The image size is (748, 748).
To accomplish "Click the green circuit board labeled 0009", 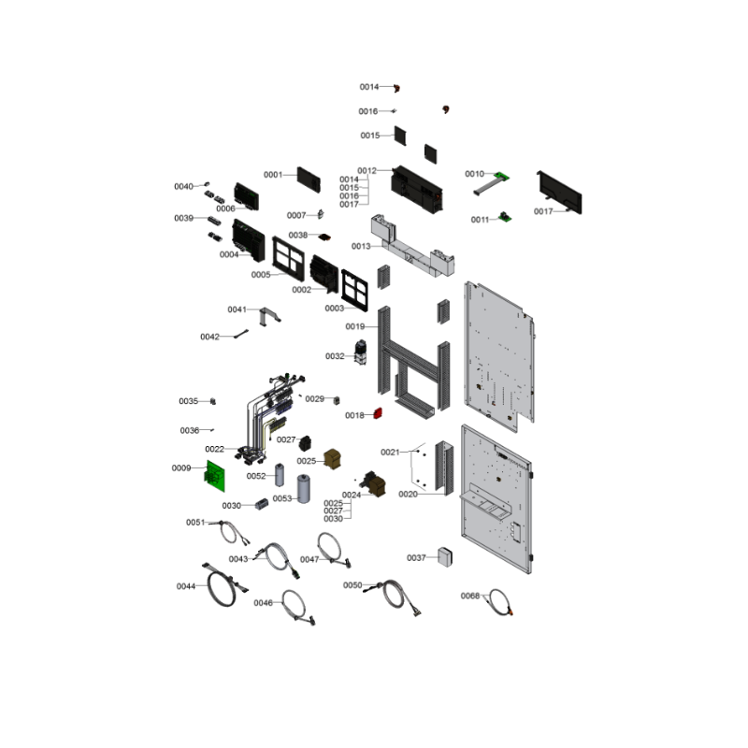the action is point(215,476).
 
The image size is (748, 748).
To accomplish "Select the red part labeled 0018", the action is point(378,413).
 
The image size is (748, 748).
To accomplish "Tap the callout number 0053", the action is point(282,498).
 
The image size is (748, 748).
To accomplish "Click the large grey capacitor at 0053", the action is point(303,488).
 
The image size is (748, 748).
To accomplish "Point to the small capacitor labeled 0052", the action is point(280,475).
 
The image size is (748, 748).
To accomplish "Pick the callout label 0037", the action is point(416,557).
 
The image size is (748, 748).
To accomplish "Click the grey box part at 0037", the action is point(445,556).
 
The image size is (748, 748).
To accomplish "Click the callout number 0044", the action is point(186,586).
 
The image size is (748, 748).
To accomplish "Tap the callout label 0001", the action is point(273,175).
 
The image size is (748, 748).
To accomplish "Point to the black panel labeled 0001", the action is point(309,180).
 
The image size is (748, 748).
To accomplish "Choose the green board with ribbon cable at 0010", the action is point(492,183).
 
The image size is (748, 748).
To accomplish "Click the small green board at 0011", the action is point(505,217).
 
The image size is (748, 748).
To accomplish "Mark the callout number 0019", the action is point(355,326).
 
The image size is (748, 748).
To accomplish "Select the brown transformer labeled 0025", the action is point(332,458).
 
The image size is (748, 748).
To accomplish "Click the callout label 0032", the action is point(335,356).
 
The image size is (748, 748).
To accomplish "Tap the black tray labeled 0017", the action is point(559,193).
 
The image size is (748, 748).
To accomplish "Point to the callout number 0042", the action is point(209,337).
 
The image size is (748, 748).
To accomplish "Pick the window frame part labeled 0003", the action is point(354,291).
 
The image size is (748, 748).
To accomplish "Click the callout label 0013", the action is point(361,246).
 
